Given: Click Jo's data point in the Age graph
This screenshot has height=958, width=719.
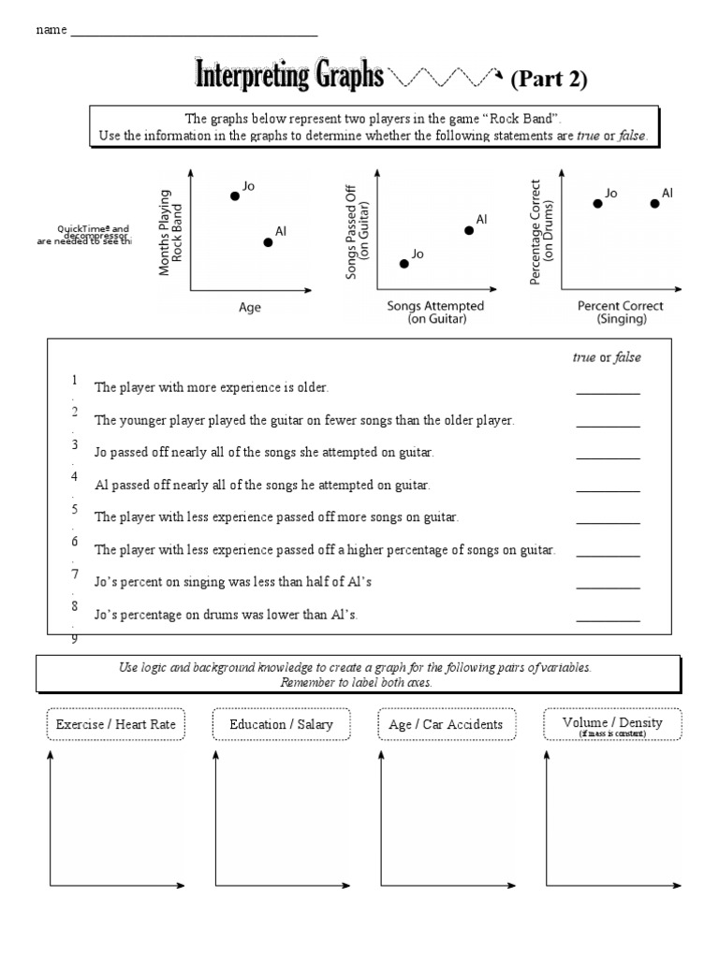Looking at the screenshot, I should click(x=235, y=196).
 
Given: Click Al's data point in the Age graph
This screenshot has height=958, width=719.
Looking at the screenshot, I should click(x=268, y=241).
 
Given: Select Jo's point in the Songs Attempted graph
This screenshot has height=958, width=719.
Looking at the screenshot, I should click(x=404, y=264).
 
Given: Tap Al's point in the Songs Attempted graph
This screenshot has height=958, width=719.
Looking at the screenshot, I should click(x=467, y=229).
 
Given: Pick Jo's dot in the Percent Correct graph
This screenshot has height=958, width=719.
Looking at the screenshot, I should click(x=597, y=203).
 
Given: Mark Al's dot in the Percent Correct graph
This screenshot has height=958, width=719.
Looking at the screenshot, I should click(x=654, y=203).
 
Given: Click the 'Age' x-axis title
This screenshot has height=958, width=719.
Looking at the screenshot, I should click(x=250, y=308).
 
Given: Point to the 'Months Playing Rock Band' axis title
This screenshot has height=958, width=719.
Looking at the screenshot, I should click(x=170, y=231).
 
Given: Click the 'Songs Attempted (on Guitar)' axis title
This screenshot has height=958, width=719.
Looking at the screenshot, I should click(x=436, y=312).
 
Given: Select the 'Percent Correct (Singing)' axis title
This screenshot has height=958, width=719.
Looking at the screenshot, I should click(x=620, y=312).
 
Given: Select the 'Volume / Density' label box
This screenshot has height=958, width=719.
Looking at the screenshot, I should click(x=612, y=724).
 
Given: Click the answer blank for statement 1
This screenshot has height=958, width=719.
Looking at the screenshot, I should click(x=608, y=393).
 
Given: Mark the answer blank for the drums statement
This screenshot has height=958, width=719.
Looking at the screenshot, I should click(x=608, y=619).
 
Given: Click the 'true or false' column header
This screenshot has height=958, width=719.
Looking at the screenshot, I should click(x=607, y=357).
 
